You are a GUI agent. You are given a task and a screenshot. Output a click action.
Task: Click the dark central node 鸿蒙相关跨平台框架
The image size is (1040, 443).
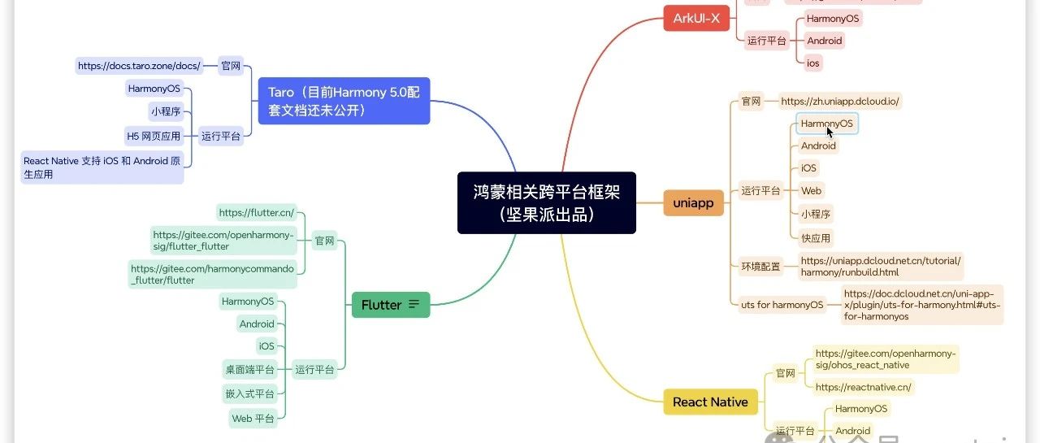546,202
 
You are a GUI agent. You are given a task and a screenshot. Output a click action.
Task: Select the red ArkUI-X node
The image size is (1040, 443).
695,19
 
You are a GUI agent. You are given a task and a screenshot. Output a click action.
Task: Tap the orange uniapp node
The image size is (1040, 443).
693,203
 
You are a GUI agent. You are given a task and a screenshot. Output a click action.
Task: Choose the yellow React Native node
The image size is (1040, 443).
710,402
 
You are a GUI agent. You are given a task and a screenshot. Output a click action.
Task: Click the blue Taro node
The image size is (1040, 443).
344,102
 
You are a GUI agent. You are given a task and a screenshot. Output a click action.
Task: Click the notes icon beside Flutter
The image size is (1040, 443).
414,305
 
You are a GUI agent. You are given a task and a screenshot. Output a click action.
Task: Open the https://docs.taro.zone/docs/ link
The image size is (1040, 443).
139,66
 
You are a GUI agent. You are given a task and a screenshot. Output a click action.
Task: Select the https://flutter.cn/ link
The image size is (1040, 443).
256,213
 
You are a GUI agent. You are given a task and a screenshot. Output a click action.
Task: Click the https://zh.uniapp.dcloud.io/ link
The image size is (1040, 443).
840,102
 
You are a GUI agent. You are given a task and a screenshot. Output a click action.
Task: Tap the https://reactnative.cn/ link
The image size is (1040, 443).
863,387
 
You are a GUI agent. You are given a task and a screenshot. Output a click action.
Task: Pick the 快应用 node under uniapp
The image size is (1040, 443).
816,238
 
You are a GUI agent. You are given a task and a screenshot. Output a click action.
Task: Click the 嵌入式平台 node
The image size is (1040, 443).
250,393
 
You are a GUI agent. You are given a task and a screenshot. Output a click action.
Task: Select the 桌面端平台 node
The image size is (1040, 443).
250,370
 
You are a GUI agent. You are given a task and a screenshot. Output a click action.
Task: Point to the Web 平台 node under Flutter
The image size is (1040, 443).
253,419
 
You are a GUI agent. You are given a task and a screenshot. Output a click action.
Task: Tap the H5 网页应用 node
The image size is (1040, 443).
154,136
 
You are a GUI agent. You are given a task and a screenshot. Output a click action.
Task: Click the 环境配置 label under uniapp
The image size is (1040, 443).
760,266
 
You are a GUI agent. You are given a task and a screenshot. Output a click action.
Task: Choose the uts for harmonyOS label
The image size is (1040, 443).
782,305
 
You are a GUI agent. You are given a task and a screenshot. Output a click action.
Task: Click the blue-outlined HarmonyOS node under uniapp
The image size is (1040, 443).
826,124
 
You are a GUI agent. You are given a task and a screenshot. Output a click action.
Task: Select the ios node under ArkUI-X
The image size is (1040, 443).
813,63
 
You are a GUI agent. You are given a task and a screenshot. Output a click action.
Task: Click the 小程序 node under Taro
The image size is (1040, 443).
166,111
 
